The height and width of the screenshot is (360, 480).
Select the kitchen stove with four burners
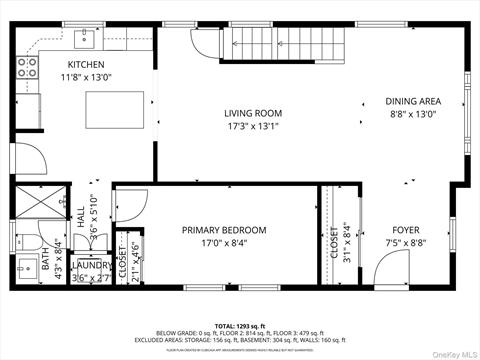click(x=27, y=69)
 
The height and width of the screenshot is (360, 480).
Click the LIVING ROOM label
click(x=252, y=113)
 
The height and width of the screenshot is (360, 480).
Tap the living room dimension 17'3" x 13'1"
click(x=252, y=126)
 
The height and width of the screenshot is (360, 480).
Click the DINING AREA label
click(x=413, y=101)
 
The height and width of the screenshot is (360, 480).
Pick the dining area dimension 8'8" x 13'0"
click(x=413, y=114)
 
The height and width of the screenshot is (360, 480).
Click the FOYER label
click(x=404, y=229)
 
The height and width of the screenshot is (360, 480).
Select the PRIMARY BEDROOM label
click(x=224, y=230)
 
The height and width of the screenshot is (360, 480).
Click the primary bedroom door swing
click(x=127, y=206)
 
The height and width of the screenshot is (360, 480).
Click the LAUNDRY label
click(x=93, y=265)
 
